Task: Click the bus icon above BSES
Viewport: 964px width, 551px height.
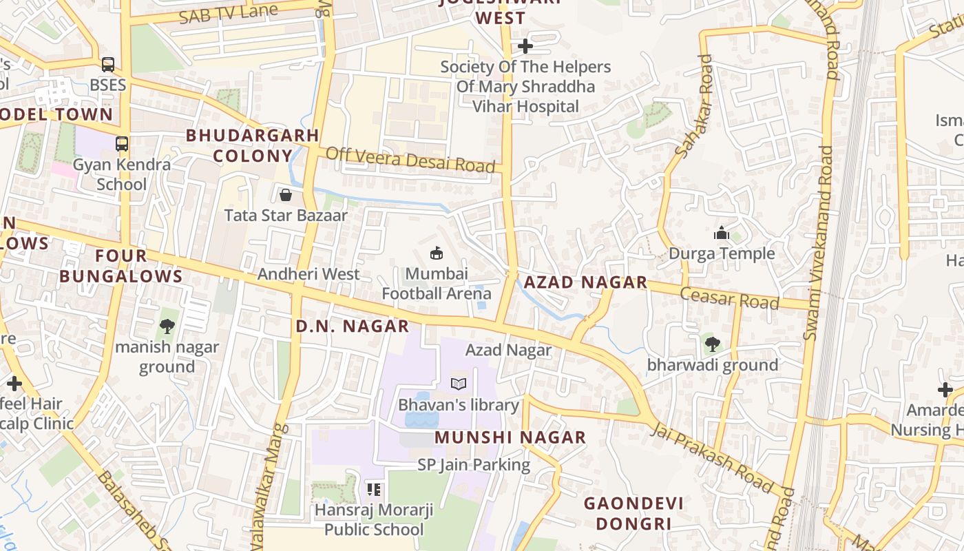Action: (x=108, y=65)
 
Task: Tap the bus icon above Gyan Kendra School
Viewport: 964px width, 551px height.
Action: (x=122, y=144)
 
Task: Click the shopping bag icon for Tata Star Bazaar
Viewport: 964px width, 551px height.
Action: (x=286, y=195)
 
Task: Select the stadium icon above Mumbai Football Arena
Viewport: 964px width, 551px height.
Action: (x=437, y=253)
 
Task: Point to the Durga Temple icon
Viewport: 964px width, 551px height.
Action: (x=722, y=233)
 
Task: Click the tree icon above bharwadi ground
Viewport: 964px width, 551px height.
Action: (x=712, y=343)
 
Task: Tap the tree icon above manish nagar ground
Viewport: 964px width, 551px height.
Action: (x=167, y=326)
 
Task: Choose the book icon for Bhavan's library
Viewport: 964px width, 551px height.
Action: (x=459, y=384)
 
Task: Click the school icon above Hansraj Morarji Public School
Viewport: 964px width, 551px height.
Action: (x=374, y=490)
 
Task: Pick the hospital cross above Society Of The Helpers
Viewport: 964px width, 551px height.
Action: (x=525, y=46)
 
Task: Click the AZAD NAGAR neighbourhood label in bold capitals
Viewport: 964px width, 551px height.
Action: (x=585, y=282)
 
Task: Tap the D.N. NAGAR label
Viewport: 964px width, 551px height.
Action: (x=353, y=326)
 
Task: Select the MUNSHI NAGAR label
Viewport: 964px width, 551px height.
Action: (x=510, y=437)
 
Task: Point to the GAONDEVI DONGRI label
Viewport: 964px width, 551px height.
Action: (x=633, y=513)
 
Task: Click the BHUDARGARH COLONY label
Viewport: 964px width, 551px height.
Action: (x=252, y=145)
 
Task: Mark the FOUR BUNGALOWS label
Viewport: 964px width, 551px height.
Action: (x=120, y=266)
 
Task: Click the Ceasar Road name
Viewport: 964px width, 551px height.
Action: (x=729, y=299)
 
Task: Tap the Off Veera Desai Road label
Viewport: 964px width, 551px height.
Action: (x=410, y=160)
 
